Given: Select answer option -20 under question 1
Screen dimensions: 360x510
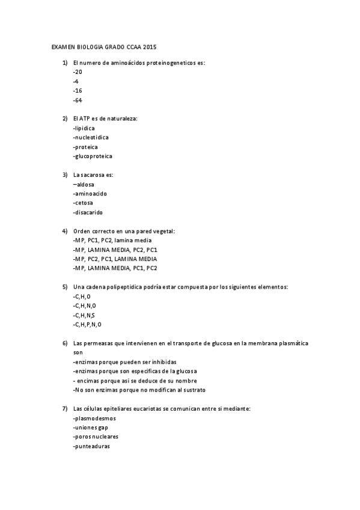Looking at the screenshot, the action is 78,72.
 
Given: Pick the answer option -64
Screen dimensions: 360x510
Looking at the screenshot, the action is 78,100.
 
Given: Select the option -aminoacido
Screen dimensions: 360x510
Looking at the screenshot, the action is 90,194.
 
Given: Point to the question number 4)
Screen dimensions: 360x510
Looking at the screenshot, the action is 64,231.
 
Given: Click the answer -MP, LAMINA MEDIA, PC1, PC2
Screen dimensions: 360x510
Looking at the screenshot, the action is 114,268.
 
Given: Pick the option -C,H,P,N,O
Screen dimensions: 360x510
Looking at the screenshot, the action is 87,324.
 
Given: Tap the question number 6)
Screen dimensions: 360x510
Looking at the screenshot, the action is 64,343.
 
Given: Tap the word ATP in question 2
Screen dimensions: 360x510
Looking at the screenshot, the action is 84,118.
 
